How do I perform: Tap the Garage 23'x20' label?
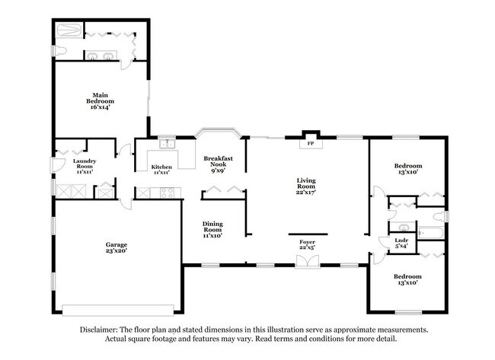(x=117, y=247)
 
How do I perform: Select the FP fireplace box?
(x=310, y=143)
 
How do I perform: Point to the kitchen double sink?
(x=167, y=145)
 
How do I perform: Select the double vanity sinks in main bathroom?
(x=99, y=56)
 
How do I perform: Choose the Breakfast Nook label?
(x=218, y=164)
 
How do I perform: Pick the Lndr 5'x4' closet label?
(x=401, y=244)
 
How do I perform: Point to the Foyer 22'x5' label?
(x=308, y=244)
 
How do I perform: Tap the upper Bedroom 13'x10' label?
(x=407, y=169)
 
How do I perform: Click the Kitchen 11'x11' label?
(x=160, y=169)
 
